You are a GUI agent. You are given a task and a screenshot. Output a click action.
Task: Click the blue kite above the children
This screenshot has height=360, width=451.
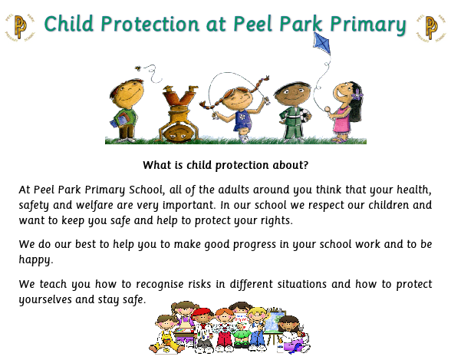click(x=322, y=43)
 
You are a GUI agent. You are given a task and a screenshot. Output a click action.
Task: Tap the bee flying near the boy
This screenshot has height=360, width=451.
click(x=138, y=68)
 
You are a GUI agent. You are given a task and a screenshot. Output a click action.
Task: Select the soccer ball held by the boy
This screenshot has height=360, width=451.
click(x=305, y=115)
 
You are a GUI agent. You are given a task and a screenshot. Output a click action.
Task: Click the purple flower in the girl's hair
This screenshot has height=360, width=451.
click(x=357, y=94)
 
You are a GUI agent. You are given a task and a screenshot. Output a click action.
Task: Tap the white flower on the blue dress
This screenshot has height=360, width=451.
click(x=242, y=117)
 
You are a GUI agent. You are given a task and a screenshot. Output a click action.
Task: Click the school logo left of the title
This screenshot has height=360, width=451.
click(x=20, y=27)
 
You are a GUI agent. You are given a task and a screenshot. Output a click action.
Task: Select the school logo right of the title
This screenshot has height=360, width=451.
click(x=430, y=28)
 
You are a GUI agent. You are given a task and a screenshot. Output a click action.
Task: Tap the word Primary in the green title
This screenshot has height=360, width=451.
click(x=368, y=25)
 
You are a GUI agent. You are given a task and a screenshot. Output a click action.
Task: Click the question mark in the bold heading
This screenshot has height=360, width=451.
click(x=305, y=165)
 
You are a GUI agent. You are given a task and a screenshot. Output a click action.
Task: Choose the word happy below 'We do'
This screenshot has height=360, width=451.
click(x=35, y=260)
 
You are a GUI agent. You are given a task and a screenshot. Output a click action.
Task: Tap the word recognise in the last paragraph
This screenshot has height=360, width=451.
click(x=160, y=285)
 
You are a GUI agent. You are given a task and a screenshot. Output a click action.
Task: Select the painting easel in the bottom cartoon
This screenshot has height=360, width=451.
click(x=274, y=325)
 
